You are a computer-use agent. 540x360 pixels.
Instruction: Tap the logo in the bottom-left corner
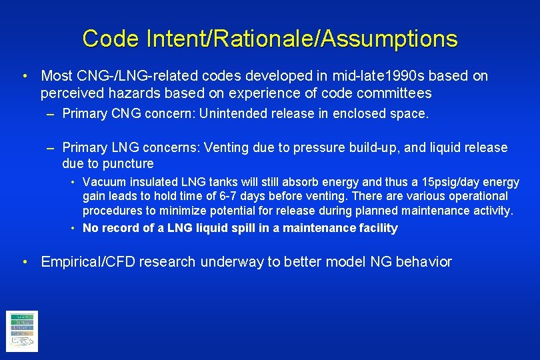(x=22, y=331)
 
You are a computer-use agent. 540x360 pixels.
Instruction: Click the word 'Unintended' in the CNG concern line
(x=235, y=113)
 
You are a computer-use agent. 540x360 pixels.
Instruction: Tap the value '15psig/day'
(x=458, y=182)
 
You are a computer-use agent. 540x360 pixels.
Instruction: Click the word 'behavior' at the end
(x=423, y=262)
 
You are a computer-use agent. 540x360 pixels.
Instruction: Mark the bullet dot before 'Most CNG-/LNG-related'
(x=24, y=76)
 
